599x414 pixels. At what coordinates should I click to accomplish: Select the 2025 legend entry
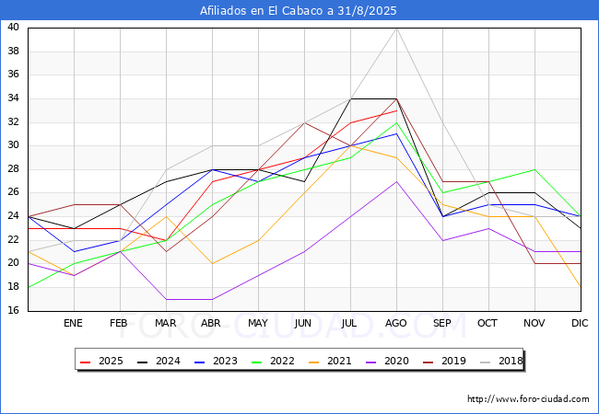(x=102, y=361)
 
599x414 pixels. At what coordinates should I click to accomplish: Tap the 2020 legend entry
(x=388, y=361)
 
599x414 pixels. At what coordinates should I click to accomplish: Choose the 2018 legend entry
(x=501, y=361)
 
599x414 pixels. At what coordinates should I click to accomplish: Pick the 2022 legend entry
(x=273, y=361)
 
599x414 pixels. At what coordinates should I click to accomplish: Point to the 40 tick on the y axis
(x=14, y=27)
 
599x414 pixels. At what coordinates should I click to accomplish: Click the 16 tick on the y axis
(x=14, y=311)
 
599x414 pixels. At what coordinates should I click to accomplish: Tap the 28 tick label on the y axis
(x=14, y=169)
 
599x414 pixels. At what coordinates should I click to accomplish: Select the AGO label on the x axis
(x=395, y=323)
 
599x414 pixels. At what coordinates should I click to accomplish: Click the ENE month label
(x=73, y=323)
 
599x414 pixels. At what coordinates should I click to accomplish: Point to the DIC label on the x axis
(x=580, y=323)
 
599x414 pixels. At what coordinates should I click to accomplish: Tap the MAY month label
(x=258, y=323)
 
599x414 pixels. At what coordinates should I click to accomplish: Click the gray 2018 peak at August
(x=397, y=29)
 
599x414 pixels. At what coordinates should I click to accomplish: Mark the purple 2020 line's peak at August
(x=397, y=181)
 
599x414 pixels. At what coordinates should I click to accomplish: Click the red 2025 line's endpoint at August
(x=397, y=110)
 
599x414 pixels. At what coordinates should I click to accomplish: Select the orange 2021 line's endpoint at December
(x=581, y=287)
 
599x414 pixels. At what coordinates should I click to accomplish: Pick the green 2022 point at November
(x=534, y=169)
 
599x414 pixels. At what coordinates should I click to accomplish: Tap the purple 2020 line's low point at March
(x=166, y=299)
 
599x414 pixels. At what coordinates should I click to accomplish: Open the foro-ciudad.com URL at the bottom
(x=528, y=399)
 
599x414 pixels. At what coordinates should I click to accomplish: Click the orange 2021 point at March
(x=166, y=216)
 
